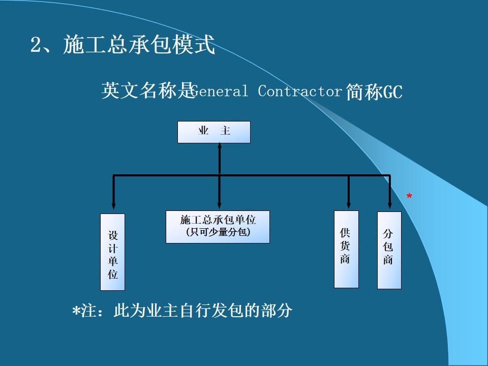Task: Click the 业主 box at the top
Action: pyautogui.click(x=213, y=132)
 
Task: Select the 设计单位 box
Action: pyautogui.click(x=112, y=252)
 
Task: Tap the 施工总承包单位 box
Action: pyautogui.click(x=218, y=227)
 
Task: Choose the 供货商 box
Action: pyautogui.click(x=346, y=249)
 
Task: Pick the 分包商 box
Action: pyautogui.click(x=389, y=250)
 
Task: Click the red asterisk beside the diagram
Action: pyautogui.click(x=409, y=196)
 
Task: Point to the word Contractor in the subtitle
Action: pyautogui.click(x=299, y=91)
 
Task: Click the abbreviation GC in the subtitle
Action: pyautogui.click(x=392, y=93)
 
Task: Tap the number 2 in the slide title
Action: pyautogui.click(x=36, y=46)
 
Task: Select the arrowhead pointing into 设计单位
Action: pyautogui.click(x=113, y=208)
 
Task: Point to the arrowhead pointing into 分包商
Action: pyautogui.click(x=390, y=206)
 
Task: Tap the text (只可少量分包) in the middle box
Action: pyautogui.click(x=218, y=233)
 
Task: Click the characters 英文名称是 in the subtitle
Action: pyautogui.click(x=147, y=91)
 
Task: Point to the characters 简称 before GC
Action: pyautogui.click(x=364, y=92)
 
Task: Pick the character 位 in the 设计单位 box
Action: pyautogui.click(x=112, y=274)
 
